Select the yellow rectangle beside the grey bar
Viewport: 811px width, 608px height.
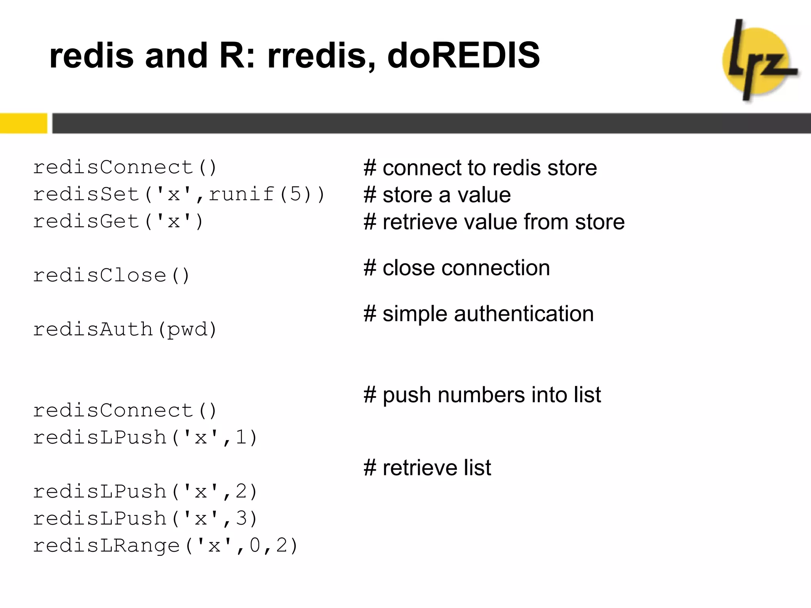click(x=23, y=123)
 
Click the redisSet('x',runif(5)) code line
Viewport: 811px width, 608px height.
click(x=179, y=194)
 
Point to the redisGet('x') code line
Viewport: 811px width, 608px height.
click(x=118, y=221)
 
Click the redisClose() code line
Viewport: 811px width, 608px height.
click(x=111, y=275)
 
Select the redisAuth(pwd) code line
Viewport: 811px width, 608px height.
click(x=125, y=329)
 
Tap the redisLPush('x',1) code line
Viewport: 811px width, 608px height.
click(x=145, y=437)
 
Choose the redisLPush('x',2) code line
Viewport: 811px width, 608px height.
click(x=145, y=492)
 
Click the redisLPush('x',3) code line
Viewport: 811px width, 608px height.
click(x=145, y=519)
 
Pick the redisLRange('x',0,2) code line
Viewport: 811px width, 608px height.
click(x=165, y=545)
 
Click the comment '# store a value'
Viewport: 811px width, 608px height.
click(x=437, y=195)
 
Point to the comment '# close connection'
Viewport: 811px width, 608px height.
click(x=457, y=268)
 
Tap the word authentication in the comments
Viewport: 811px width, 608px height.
click(x=524, y=314)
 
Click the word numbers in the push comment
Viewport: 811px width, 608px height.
click(x=481, y=395)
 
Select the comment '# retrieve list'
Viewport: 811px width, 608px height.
click(x=427, y=468)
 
